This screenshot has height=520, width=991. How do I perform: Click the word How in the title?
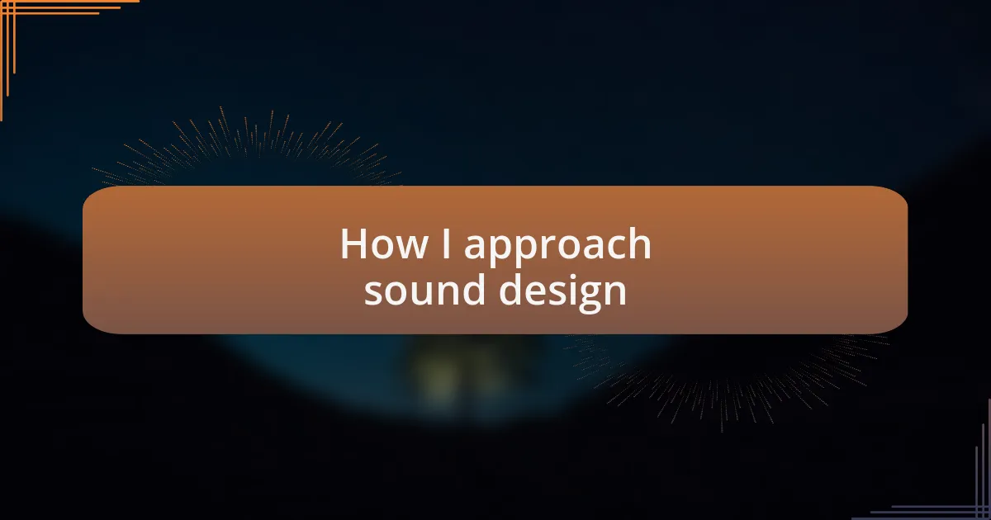point(383,243)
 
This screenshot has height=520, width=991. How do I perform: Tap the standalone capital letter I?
point(446,243)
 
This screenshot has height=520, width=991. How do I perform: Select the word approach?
point(557,248)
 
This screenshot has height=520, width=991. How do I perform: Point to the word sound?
point(424,290)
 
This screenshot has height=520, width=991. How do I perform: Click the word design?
point(562,292)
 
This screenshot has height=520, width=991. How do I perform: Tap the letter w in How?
point(411,248)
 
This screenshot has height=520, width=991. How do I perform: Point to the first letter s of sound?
point(372,294)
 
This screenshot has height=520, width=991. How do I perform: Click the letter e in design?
point(536,294)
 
